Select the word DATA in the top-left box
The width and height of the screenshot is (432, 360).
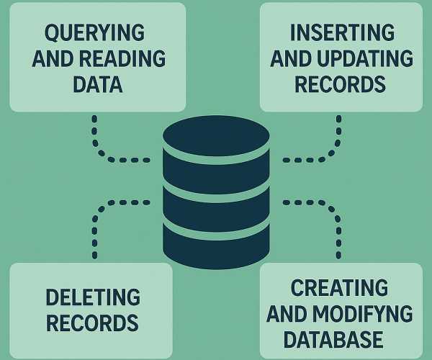pos(98,84)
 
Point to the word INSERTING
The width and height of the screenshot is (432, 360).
pos(341,33)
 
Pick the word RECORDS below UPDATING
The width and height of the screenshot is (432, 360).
pos(341,84)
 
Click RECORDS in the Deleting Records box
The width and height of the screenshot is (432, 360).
pos(91,321)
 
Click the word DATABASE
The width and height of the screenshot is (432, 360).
pos(341,338)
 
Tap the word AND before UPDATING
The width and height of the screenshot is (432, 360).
pos(293,59)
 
